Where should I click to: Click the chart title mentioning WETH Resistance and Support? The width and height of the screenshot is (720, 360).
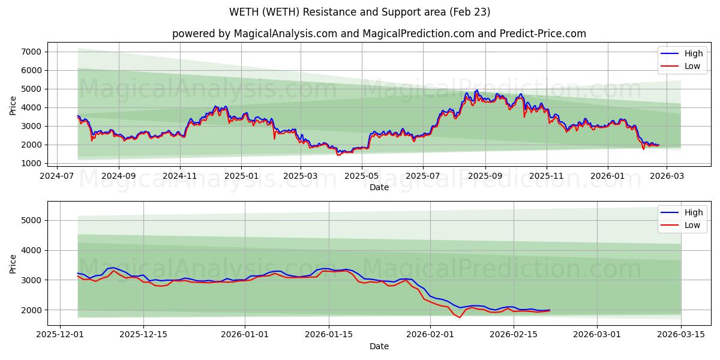[359, 12]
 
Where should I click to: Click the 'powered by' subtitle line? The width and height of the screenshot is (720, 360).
[379, 34]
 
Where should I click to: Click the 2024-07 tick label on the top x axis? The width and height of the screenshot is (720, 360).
[57, 176]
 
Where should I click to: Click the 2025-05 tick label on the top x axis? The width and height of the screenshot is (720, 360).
[361, 176]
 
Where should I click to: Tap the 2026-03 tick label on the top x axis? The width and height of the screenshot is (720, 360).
[668, 176]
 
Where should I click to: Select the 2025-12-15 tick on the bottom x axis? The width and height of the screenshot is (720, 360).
[143, 335]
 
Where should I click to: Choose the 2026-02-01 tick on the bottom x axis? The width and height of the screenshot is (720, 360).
[431, 335]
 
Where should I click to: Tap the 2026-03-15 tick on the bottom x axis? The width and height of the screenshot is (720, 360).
[681, 335]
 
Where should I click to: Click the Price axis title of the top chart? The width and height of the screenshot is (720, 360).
[13, 105]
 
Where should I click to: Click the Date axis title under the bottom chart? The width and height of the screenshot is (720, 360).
[379, 347]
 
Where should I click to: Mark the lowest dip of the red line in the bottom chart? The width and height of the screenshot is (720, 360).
[460, 317]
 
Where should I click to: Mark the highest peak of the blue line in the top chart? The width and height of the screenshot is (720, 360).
[477, 90]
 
